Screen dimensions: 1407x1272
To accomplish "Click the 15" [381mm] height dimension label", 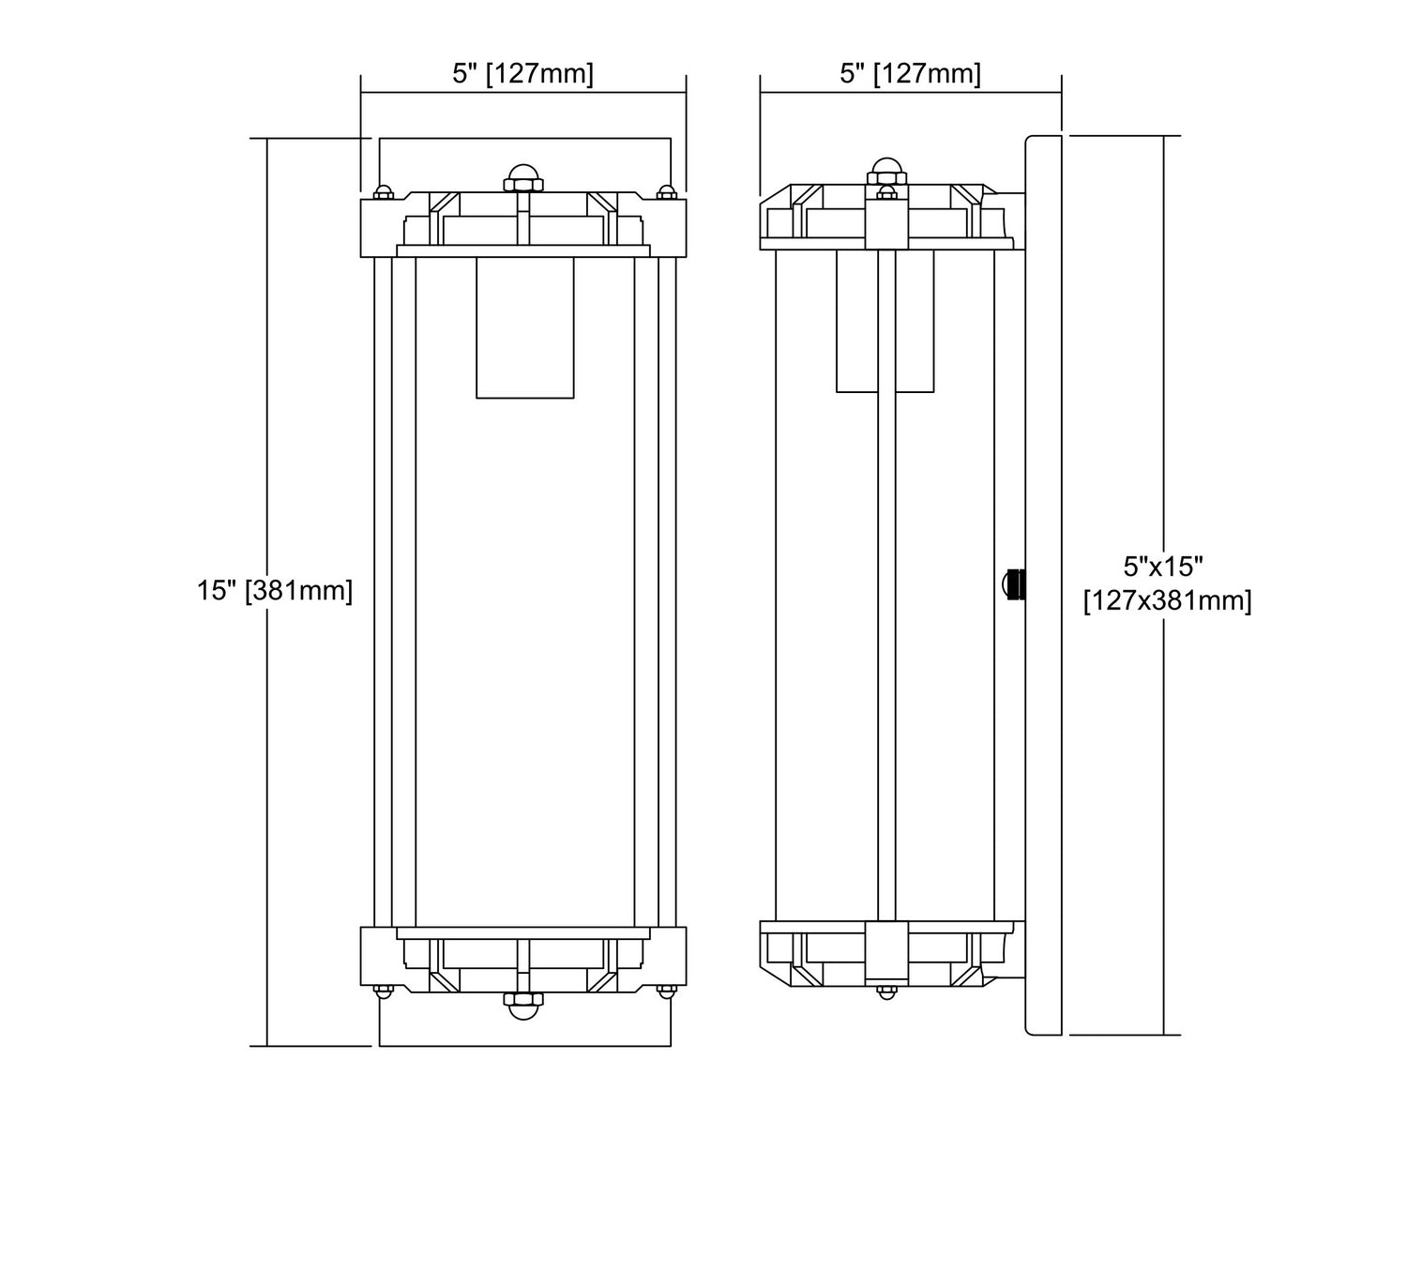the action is click(x=274, y=591).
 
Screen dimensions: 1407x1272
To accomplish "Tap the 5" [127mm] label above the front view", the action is click(x=522, y=73).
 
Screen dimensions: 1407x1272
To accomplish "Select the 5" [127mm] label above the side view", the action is click(x=910, y=73).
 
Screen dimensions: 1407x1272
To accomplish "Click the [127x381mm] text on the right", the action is click(x=1167, y=601).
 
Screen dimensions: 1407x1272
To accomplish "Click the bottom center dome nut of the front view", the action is click(x=523, y=1006).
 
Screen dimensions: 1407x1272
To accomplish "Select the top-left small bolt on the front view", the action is click(x=383, y=192).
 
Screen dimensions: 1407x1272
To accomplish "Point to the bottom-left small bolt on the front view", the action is click(x=383, y=991).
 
